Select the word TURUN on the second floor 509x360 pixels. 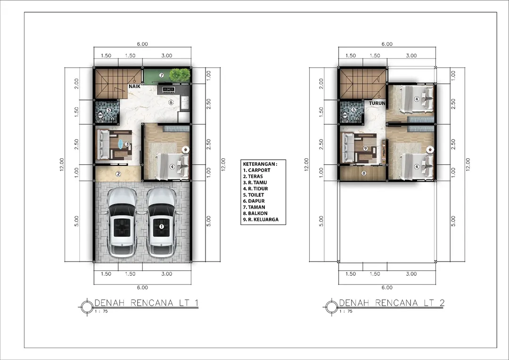point(377,103)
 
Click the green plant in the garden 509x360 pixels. point(178,74)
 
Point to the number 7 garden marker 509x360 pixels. point(161,75)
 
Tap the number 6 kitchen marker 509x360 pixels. point(171,102)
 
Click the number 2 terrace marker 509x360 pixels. point(119,173)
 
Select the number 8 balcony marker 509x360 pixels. point(363,173)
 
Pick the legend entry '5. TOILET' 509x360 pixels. point(254,195)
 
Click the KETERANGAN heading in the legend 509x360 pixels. point(260,164)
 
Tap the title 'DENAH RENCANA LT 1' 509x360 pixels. point(146,303)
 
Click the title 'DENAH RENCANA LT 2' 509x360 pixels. point(391,303)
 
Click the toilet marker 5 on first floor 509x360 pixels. point(108,110)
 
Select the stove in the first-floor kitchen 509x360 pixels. point(169,89)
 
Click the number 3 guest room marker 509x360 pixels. point(127,144)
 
